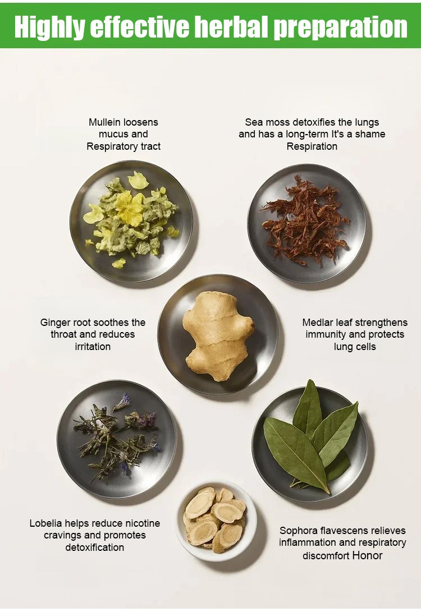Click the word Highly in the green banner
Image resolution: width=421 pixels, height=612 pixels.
point(49,27)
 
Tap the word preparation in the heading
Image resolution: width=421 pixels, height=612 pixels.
point(340,27)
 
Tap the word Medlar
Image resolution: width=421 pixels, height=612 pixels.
point(315,323)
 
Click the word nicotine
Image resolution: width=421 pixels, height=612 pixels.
point(143,523)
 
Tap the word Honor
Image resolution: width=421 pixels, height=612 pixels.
point(367,555)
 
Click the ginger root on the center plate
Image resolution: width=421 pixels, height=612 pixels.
point(218,336)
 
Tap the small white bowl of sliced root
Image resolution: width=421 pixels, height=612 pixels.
point(216,521)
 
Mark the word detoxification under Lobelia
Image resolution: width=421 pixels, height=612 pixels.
point(94,547)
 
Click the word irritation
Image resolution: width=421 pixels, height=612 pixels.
point(93,347)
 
